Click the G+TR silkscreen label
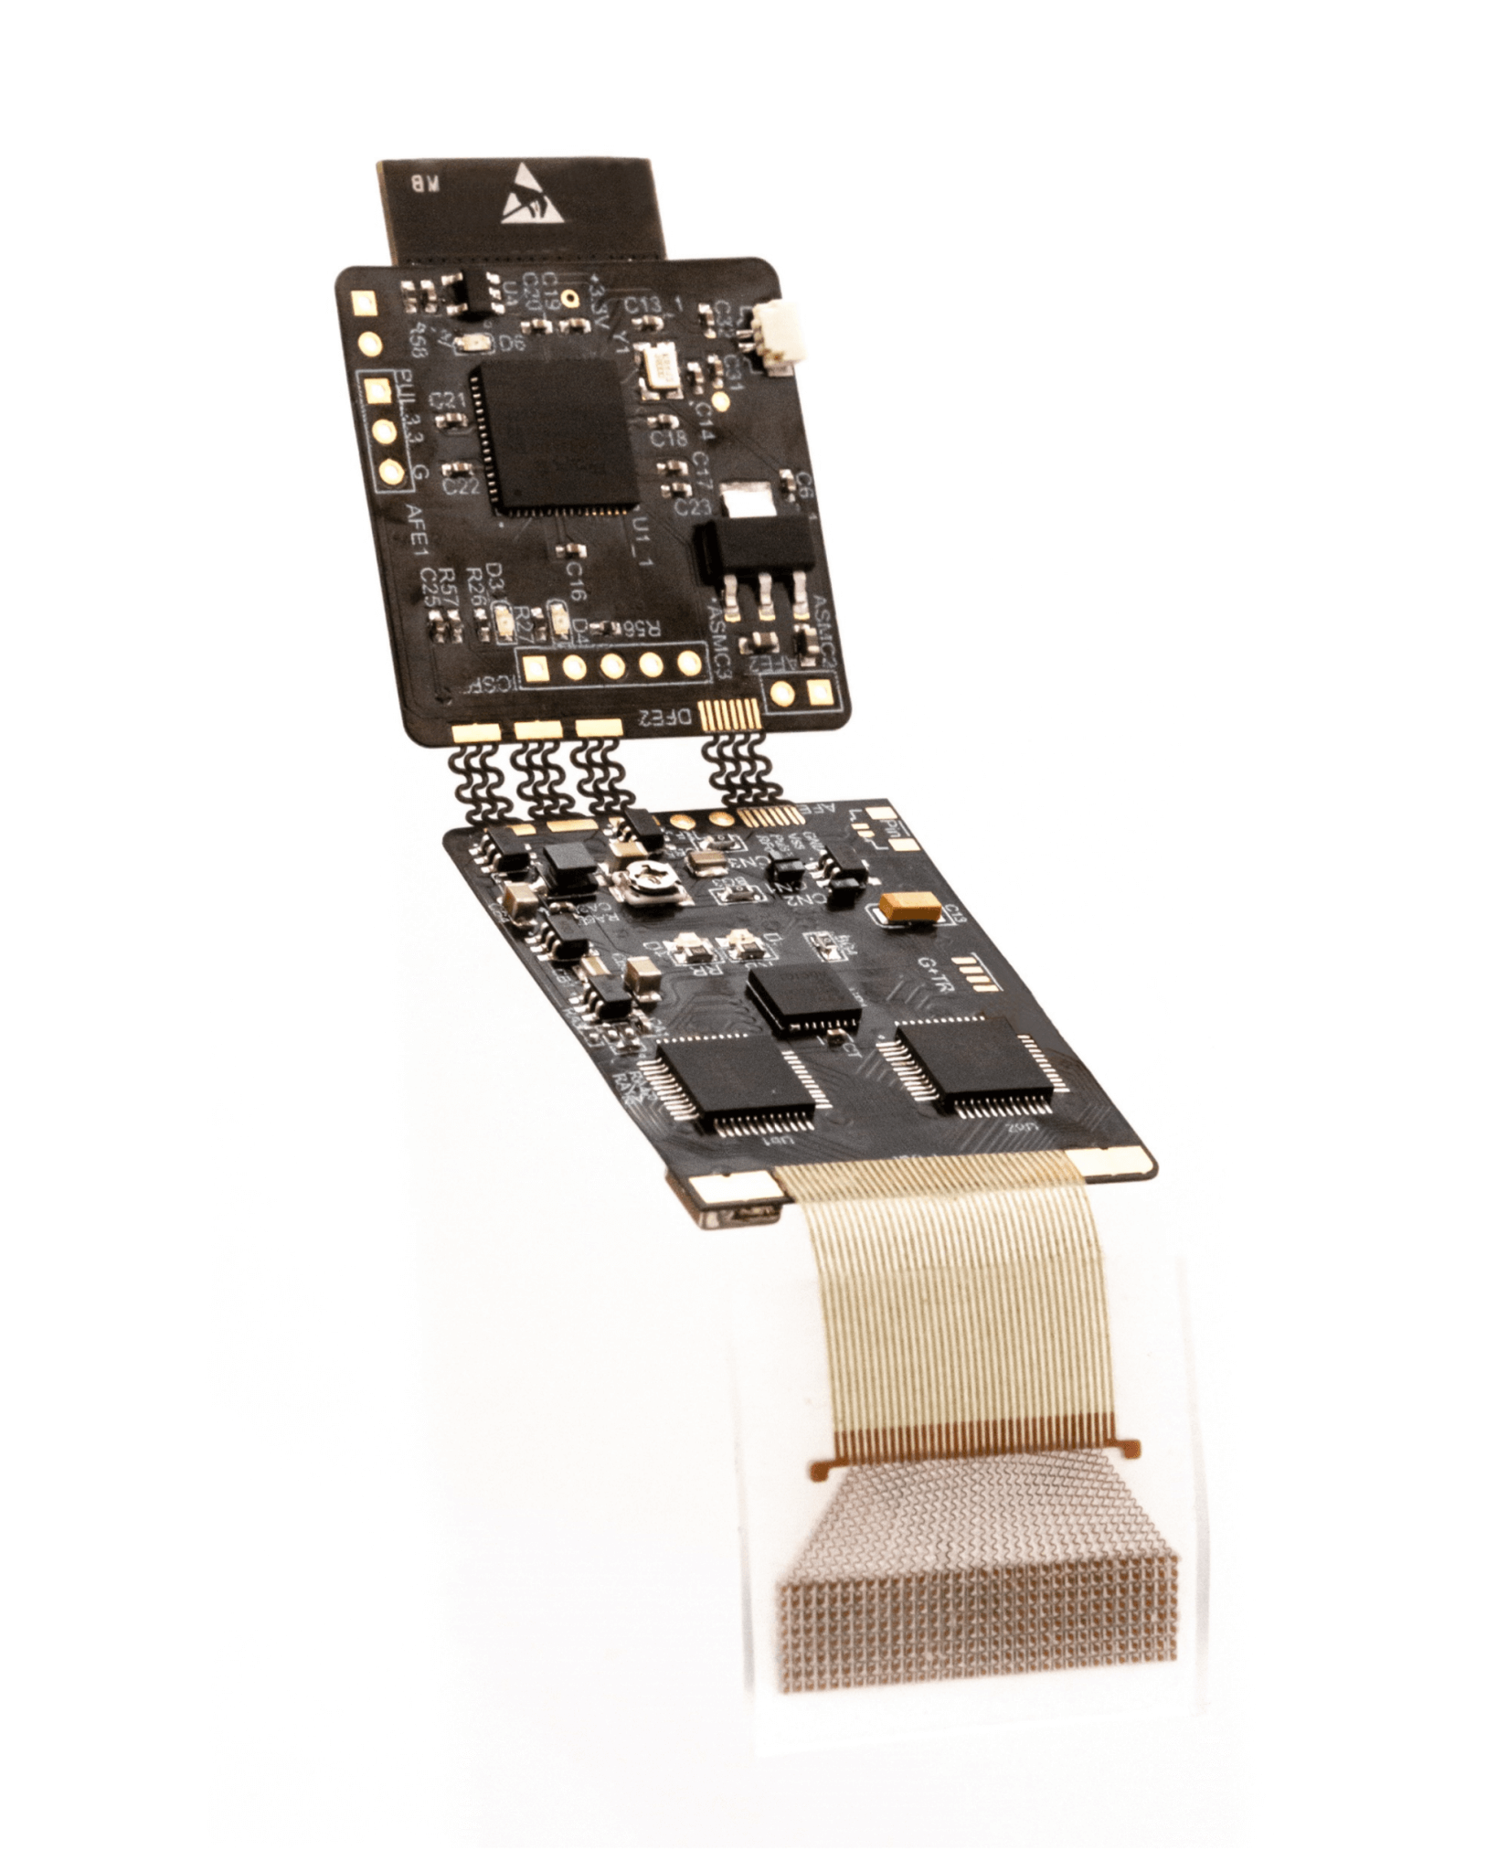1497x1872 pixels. pos(933,987)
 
